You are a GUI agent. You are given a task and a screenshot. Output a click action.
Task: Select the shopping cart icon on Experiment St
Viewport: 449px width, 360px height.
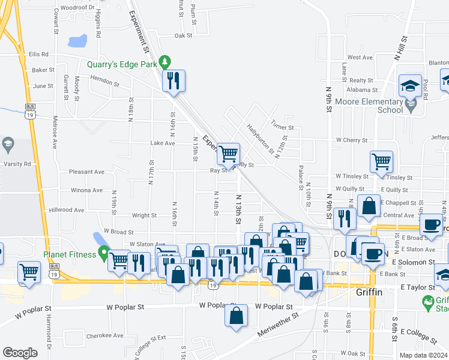tap(228, 155)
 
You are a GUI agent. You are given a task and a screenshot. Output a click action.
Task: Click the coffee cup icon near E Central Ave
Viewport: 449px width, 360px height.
tap(430, 226)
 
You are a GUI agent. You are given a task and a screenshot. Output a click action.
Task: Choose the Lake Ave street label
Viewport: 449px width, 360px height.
tap(163, 143)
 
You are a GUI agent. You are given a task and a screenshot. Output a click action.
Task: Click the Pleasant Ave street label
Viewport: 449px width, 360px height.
tap(86, 172)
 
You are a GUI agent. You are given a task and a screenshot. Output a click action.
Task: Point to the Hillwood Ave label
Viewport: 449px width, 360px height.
tap(67, 211)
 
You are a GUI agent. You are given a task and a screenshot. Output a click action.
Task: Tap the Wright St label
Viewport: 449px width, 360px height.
tap(144, 215)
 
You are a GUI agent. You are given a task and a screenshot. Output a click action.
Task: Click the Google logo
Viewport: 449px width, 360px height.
tap(20, 353)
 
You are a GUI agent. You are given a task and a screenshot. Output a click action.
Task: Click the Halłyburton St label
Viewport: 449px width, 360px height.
tap(260, 139)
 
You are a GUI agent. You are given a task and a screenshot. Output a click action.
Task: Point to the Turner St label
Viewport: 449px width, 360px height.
tap(282, 127)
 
